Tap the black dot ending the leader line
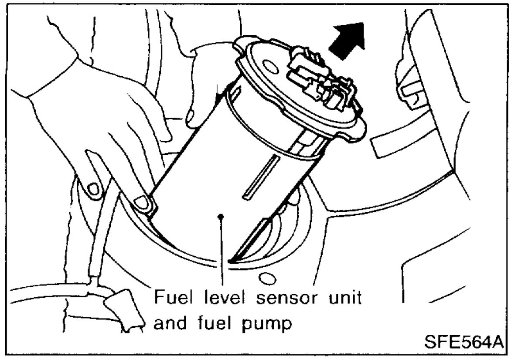click(222, 216)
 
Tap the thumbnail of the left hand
click(93, 189)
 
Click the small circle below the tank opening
click(265, 277)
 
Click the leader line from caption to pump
click(222, 253)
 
